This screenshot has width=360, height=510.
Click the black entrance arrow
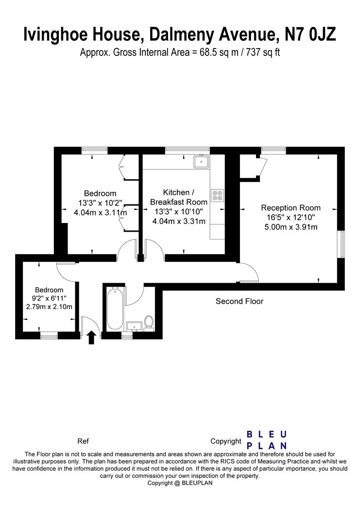point(92,337)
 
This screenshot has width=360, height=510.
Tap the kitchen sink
point(202,162)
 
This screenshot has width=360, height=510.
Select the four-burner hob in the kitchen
point(217,195)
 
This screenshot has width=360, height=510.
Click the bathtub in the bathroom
point(115,307)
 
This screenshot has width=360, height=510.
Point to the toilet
point(149,323)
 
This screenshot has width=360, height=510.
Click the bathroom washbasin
point(134,326)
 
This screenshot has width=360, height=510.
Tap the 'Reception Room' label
point(291,208)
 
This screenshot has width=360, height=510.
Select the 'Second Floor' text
point(240,301)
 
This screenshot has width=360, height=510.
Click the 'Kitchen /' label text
point(178,192)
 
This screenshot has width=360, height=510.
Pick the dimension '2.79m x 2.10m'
point(49,306)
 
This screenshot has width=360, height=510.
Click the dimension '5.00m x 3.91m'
point(291,227)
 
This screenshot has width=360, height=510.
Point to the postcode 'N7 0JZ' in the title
point(310,34)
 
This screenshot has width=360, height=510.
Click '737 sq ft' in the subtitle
point(263,52)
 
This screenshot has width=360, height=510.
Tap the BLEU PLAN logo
point(267,440)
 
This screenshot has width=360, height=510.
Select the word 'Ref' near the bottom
point(83,442)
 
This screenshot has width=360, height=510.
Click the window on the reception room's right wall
point(341,244)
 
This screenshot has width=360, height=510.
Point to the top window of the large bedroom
point(94,150)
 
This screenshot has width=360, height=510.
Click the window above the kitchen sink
point(188,150)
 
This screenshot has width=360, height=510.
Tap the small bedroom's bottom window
point(49,335)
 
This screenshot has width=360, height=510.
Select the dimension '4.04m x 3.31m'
point(179,221)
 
